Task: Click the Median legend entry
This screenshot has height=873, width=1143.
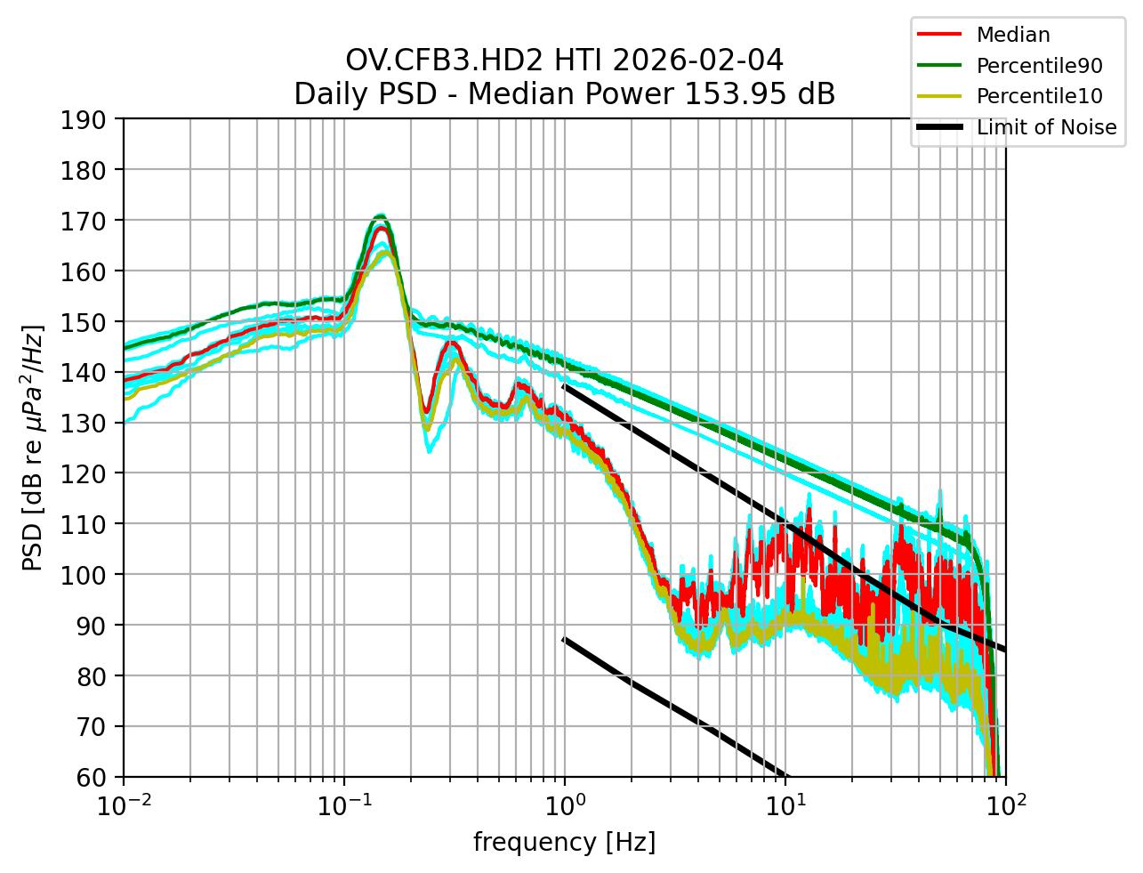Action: click(x=1012, y=35)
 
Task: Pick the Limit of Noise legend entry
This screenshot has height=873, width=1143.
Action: click(x=1046, y=127)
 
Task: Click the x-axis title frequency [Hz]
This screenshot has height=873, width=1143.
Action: click(x=564, y=842)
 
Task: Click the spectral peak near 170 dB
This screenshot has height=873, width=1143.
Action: click(x=381, y=216)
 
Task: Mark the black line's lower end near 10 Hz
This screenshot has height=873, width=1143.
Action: click(x=785, y=775)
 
